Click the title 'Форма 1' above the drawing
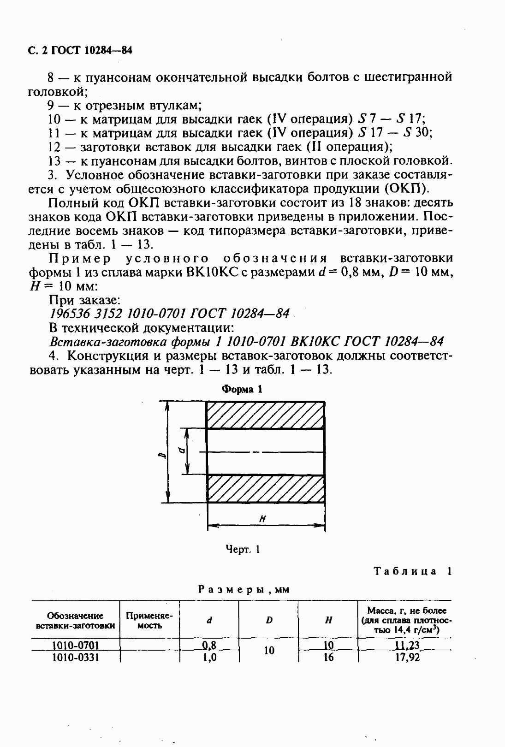pos(242,389)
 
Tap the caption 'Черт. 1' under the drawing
pos(243,549)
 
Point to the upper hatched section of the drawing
pos(265,415)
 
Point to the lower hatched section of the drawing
pos(265,488)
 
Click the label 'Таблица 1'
pos(412,571)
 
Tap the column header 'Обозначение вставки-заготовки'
pos(75,621)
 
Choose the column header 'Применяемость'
pos(149,621)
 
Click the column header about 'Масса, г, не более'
pos(404,620)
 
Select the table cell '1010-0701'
pos(75,645)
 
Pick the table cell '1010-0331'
pos(75,657)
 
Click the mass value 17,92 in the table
pos(407,657)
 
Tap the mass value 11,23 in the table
pos(407,645)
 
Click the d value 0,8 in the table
pos(209,645)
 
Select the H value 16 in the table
pos(328,657)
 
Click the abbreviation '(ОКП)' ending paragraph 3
pos(406,189)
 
